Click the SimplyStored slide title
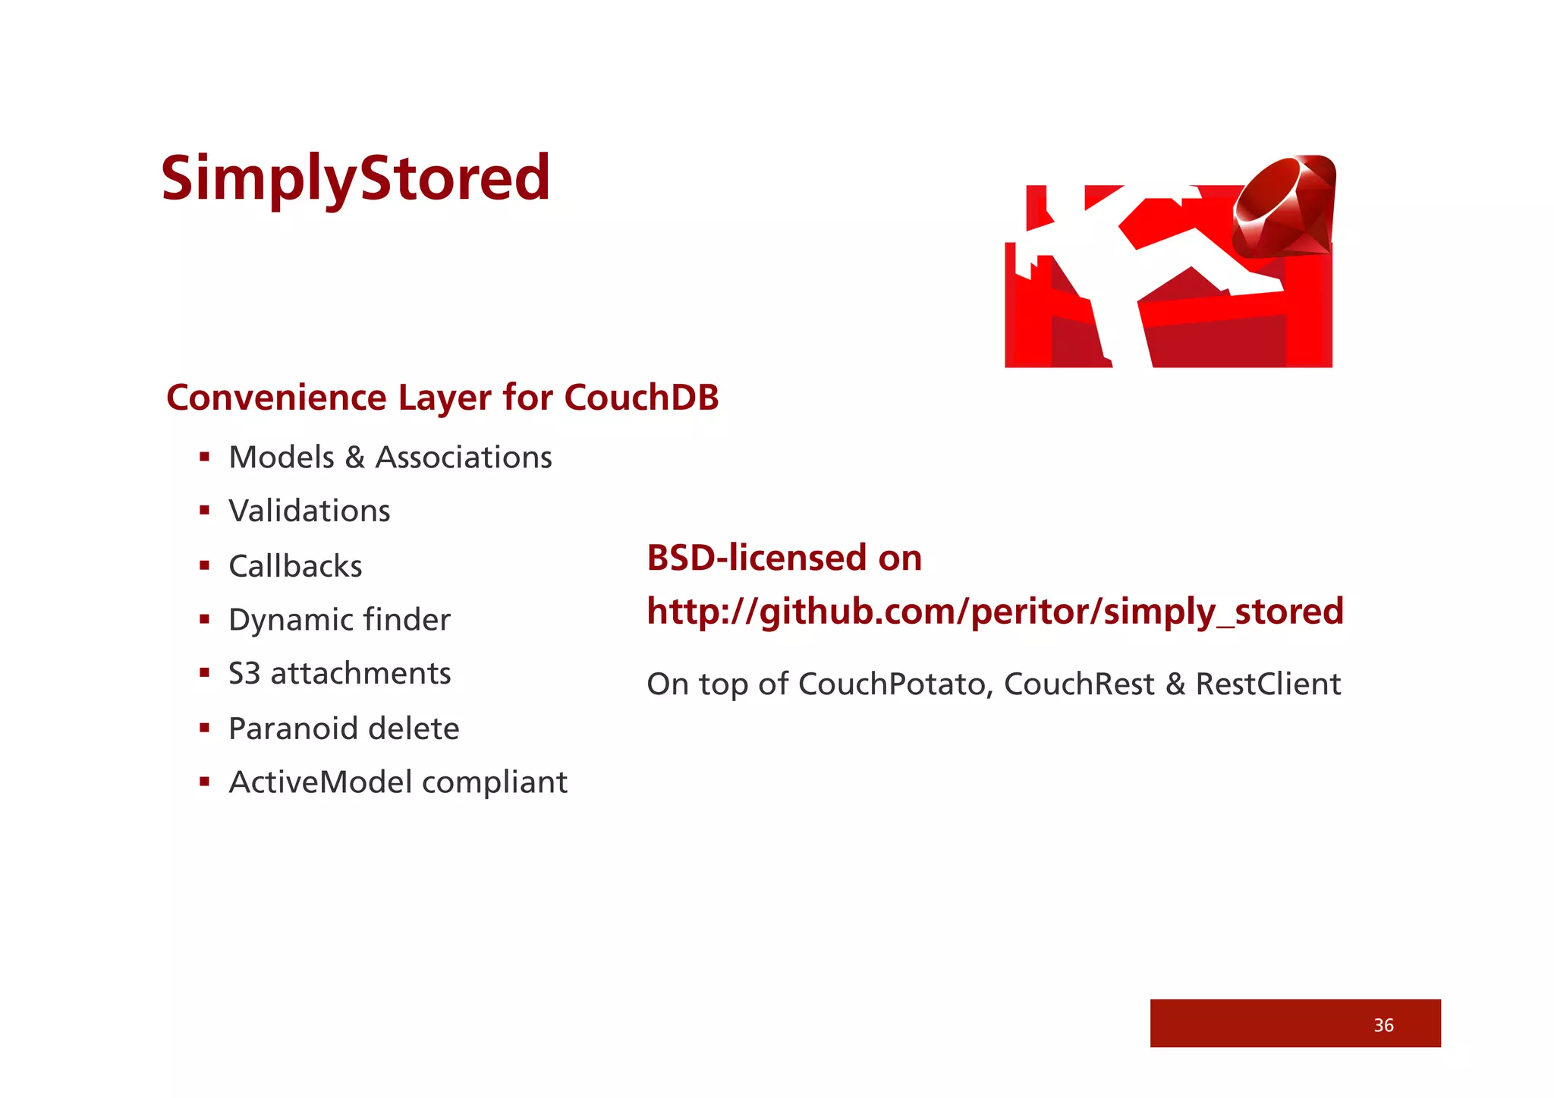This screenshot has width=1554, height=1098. pos(355,178)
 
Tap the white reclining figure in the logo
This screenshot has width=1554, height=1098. pos(1115,258)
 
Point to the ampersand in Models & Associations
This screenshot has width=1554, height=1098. pos(354,458)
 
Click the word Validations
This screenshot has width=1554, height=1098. pos(310,511)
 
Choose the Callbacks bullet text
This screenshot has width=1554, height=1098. pos(295,566)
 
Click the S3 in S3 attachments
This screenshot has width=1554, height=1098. pos(244,674)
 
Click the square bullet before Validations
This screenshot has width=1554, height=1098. pos(204,511)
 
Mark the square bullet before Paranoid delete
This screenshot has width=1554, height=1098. pos(204,728)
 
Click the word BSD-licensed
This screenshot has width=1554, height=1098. pos(757,558)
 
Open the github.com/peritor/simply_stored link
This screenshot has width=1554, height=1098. pos(994,612)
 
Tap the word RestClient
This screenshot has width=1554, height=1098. pos(1268,684)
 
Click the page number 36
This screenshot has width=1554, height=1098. pos(1383,1025)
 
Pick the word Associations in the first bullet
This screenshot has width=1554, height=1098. pos(464,458)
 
